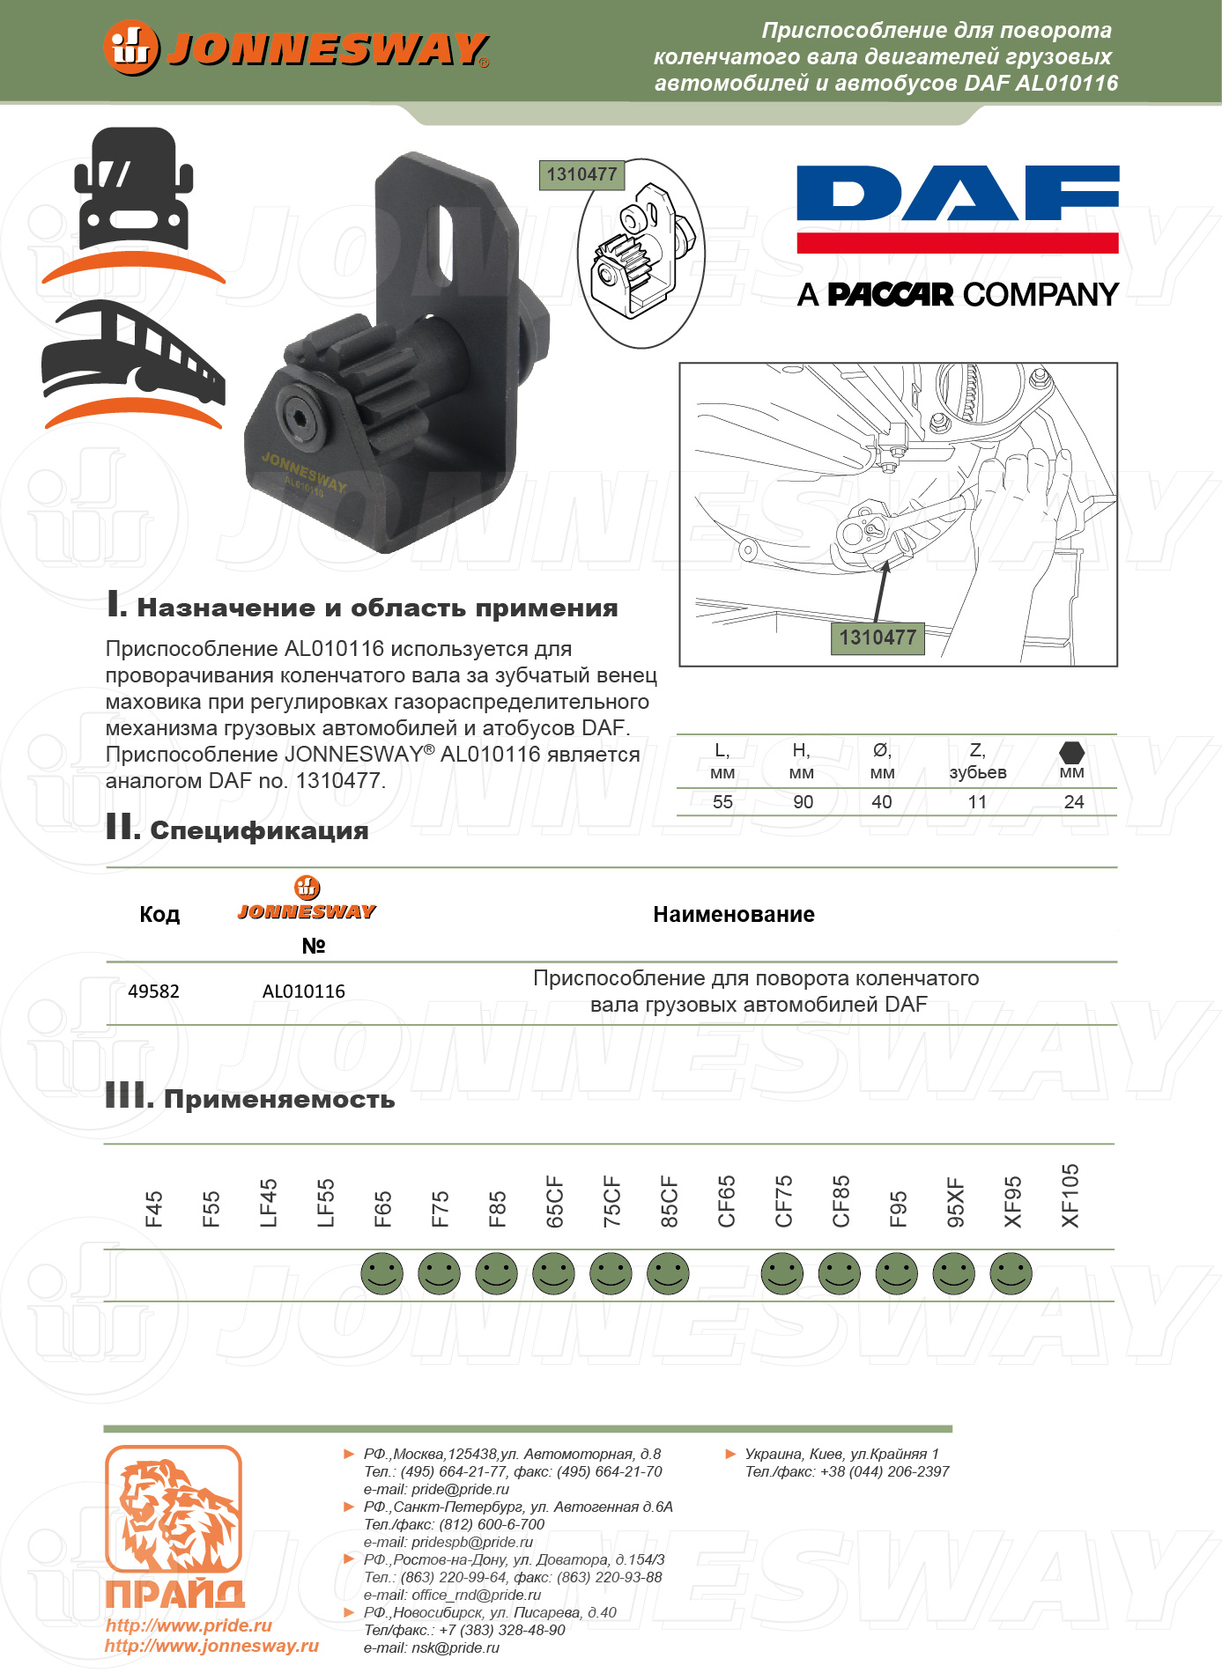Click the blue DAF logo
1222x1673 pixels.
(x=957, y=194)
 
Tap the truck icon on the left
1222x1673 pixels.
(x=133, y=189)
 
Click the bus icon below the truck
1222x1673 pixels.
(x=132, y=352)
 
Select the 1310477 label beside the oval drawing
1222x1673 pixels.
(x=581, y=174)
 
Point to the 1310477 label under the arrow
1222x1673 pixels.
(x=877, y=638)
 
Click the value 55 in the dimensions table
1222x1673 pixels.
(x=722, y=802)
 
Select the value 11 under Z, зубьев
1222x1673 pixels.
(x=977, y=802)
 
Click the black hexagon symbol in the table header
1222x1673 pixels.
(x=1071, y=753)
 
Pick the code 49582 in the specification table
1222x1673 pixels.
(x=153, y=991)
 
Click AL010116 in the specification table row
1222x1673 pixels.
(x=304, y=991)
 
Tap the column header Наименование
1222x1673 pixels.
(x=734, y=915)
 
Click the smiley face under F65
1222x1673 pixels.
(x=382, y=1273)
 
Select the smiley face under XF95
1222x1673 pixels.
(x=1011, y=1273)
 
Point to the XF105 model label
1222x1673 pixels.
(x=1070, y=1196)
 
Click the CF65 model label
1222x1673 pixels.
(x=726, y=1201)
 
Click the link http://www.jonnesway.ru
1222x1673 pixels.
(x=211, y=1647)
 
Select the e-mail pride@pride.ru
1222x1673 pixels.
(x=460, y=1489)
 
